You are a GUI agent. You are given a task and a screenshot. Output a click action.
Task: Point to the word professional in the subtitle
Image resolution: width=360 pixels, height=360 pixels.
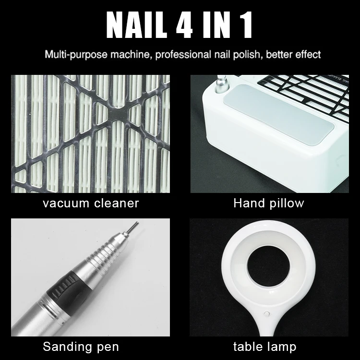point(180,54)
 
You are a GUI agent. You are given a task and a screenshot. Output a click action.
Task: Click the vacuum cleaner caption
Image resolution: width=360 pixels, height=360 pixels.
point(90,203)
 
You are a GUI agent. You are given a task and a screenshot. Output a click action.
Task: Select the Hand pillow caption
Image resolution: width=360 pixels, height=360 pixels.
point(269,203)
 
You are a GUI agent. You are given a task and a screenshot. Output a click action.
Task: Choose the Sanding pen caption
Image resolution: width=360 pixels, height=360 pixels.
point(81,346)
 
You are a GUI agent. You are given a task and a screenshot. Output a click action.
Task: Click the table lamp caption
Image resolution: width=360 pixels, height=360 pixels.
point(265,346)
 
